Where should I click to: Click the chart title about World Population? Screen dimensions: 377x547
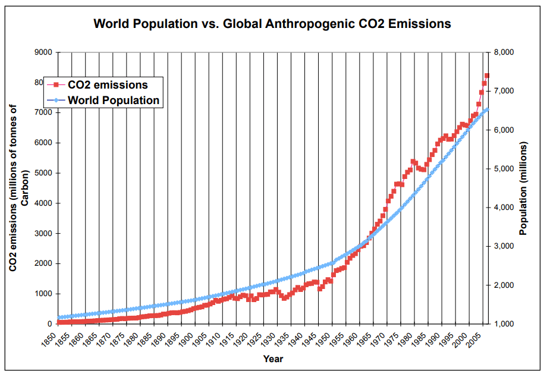pos(272,24)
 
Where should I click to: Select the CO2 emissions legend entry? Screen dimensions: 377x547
pos(107,84)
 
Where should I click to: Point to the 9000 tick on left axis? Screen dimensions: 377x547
pos(43,52)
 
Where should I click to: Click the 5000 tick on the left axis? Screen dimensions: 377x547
pos(43,173)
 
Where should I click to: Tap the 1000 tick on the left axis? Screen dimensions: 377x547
pos(43,294)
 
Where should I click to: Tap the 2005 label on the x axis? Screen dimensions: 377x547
pos(473,341)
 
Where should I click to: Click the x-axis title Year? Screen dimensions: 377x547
pos(273,359)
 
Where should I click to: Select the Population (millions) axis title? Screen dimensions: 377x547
pos(524,188)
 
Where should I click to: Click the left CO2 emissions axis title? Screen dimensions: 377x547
pos(18,188)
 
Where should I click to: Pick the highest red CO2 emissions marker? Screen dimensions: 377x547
pos(486,76)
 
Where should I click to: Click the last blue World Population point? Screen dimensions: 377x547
pos(486,109)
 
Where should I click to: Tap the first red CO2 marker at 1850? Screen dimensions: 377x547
pos(58,322)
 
